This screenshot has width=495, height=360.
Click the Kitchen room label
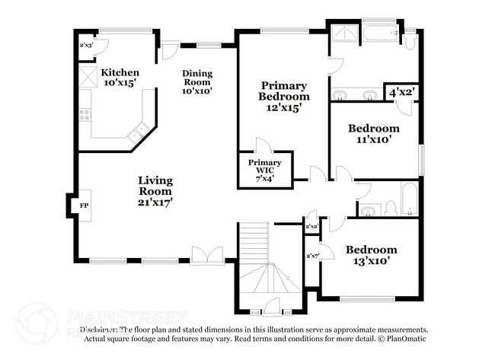pyautogui.click(x=120, y=77)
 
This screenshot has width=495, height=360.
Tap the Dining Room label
pyautogui.click(x=196, y=82)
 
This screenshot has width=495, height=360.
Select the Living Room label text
pyautogui.click(x=155, y=191)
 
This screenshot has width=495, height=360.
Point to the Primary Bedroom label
pyautogui.click(x=283, y=96)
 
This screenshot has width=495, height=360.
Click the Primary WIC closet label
pyautogui.click(x=264, y=170)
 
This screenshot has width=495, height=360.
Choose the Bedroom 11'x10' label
pyautogui.click(x=373, y=134)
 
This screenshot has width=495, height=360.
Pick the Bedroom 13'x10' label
pyautogui.click(x=371, y=255)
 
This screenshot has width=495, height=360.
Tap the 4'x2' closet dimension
pyautogui.click(x=402, y=93)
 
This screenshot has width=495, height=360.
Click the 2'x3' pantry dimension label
pyautogui.click(x=87, y=45)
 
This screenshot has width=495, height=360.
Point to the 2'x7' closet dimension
pyautogui.click(x=311, y=255)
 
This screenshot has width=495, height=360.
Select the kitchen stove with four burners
pyautogui.click(x=85, y=116)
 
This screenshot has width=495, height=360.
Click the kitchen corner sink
pyautogui.click(x=138, y=132)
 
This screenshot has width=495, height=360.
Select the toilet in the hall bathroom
pyautogui.click(x=390, y=208)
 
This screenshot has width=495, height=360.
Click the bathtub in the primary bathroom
pyautogui.click(x=378, y=33)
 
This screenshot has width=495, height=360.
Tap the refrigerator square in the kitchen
pyautogui.click(x=86, y=75)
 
